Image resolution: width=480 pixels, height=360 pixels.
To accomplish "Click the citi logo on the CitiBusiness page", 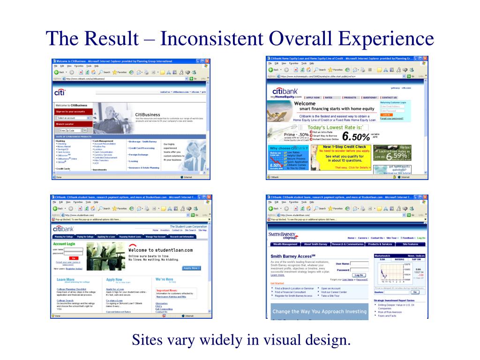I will pos(60,93).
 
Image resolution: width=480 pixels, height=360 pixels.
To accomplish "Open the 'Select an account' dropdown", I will pos(71,118).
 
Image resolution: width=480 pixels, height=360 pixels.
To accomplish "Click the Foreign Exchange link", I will pos(139,155).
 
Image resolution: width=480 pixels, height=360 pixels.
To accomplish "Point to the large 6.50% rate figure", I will pos(356,137).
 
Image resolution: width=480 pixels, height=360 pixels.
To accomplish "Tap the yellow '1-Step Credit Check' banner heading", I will pos(344,147).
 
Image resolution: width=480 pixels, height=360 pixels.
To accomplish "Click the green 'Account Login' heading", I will pos(64,244).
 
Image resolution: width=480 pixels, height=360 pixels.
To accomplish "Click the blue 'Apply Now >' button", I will pos(192,268).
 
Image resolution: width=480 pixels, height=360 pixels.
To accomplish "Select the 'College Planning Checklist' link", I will pos(70,289).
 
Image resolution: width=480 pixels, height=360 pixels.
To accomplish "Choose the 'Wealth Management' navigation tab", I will pos(285,244).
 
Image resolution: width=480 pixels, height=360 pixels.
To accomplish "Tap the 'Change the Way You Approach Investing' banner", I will pos(320,311).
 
